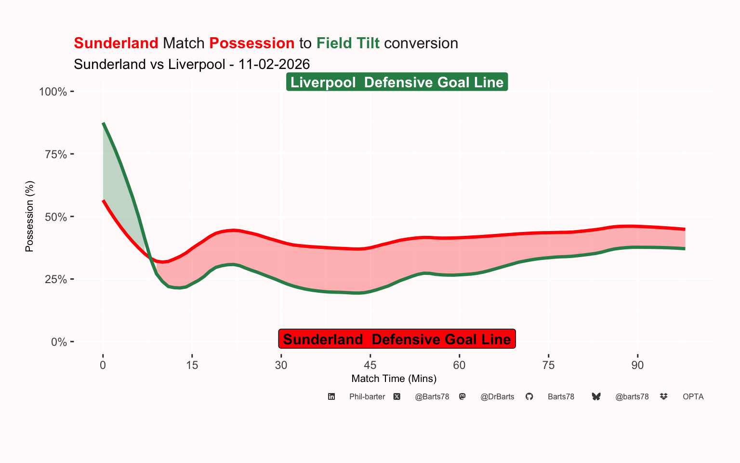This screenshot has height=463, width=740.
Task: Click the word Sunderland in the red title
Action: click(x=116, y=43)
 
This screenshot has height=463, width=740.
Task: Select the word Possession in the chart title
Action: click(x=252, y=43)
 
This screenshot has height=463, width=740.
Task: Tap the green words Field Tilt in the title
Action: click(x=348, y=43)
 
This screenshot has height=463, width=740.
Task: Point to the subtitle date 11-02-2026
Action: click(x=274, y=64)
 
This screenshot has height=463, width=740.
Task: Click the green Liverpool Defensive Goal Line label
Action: click(x=397, y=82)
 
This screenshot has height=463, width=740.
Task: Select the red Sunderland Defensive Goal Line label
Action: click(x=397, y=339)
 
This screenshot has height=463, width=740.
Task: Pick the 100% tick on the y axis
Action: click(x=53, y=92)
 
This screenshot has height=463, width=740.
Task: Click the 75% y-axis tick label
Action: click(x=56, y=154)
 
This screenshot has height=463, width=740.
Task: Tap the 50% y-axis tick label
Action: click(x=56, y=217)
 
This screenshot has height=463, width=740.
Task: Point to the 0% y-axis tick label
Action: click(x=59, y=342)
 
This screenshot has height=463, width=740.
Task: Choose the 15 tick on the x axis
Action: click(x=192, y=365)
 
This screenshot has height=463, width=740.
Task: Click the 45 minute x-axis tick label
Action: click(x=370, y=365)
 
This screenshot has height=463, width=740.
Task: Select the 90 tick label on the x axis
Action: click(x=637, y=365)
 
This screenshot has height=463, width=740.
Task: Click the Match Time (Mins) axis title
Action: click(x=394, y=379)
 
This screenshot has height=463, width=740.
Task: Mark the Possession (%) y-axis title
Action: click(x=29, y=216)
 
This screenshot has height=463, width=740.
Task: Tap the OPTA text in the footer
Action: click(x=693, y=396)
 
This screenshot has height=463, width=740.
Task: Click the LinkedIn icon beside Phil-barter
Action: click(x=331, y=396)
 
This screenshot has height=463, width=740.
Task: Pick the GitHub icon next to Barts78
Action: click(x=529, y=396)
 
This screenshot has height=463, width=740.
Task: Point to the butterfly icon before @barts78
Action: click(x=596, y=396)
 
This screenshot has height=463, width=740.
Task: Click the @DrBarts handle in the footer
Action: click(x=497, y=396)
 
